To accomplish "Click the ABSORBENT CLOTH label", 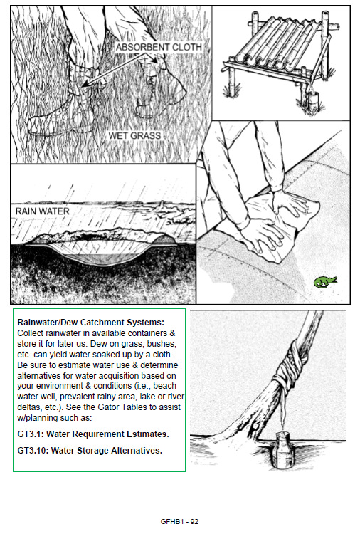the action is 159,47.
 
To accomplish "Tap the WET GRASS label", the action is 134,135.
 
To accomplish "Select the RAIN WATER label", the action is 42,211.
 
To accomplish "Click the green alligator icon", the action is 325,282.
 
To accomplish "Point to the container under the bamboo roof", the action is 313,100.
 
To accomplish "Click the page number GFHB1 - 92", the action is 179,521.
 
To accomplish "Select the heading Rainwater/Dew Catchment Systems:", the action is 91,322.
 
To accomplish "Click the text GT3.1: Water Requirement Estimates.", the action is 93,434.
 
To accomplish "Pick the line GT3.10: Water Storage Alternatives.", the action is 90,451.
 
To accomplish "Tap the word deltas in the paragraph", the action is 28,407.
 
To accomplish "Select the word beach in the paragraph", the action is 165,386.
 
